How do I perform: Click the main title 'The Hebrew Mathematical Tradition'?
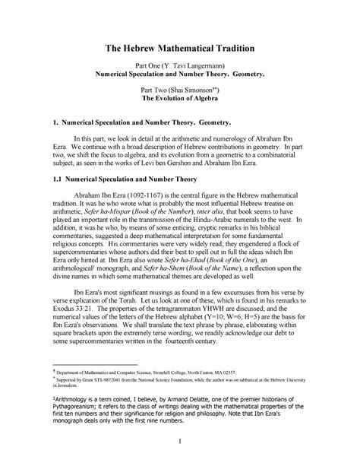click(x=179, y=47)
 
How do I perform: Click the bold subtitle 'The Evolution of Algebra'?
click(x=180, y=99)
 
